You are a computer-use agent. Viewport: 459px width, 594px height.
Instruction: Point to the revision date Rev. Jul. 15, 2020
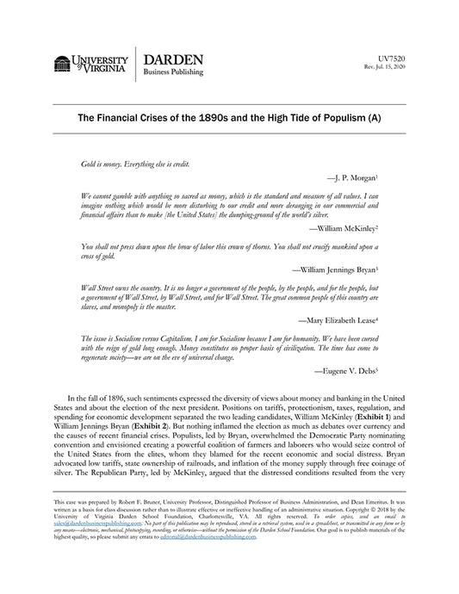click(379, 65)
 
